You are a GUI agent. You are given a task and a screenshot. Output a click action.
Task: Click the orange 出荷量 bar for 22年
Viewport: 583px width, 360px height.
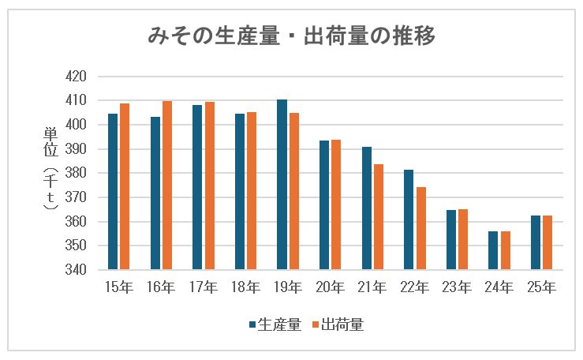coord(422,228)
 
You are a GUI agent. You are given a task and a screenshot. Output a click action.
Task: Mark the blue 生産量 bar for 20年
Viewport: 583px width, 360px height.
coord(324,205)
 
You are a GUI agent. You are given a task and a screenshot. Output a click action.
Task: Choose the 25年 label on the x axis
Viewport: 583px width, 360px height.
coord(543,287)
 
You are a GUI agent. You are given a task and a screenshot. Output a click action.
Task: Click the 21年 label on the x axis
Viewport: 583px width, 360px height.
coord(373,287)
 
